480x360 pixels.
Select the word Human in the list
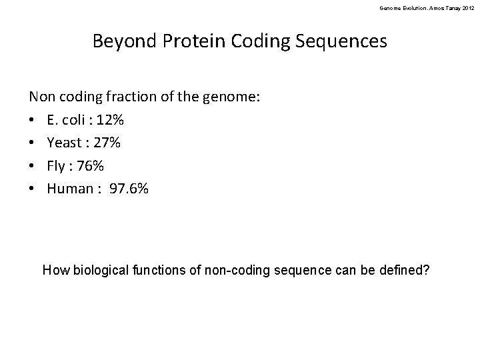pyautogui.click(x=70, y=188)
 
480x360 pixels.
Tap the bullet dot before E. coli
pyautogui.click(x=33, y=121)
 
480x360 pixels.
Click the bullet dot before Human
pyautogui.click(x=33, y=189)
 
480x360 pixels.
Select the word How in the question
pyautogui.click(x=54, y=271)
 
